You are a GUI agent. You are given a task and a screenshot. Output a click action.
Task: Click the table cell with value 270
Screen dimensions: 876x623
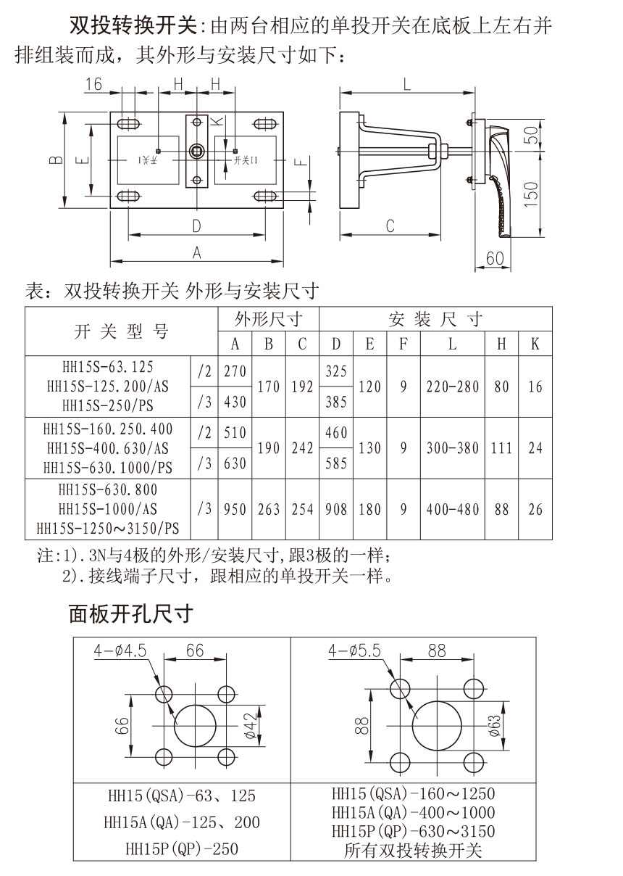[x=235, y=371]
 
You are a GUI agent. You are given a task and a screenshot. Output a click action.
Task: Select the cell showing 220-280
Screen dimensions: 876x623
[x=453, y=387]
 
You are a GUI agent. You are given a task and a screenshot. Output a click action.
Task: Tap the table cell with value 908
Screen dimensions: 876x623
[x=336, y=509]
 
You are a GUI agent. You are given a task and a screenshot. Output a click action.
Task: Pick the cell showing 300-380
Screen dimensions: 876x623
[x=453, y=448]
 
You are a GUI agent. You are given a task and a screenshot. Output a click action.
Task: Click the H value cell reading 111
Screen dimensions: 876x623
[x=501, y=448]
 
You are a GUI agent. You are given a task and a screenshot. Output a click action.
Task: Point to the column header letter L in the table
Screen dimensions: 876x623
[x=453, y=343]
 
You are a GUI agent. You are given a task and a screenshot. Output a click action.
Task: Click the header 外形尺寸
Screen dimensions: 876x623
[x=267, y=318]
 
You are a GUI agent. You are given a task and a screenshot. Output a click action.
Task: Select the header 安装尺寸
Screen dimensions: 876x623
[x=435, y=318]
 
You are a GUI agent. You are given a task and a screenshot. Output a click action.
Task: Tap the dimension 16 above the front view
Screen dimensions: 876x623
[x=93, y=83]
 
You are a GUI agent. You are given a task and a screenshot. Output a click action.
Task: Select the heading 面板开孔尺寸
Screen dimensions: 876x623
[x=130, y=614]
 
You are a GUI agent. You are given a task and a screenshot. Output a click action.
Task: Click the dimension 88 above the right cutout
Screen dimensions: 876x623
[x=437, y=650]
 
